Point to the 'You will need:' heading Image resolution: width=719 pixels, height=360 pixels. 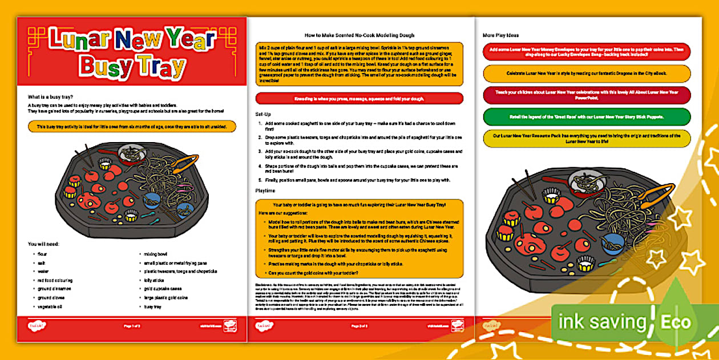pyautogui.click(x=44, y=244)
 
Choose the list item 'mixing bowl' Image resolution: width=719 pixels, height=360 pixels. pyautogui.click(x=156, y=254)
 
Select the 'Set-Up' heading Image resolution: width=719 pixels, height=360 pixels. pyautogui.click(x=263, y=115)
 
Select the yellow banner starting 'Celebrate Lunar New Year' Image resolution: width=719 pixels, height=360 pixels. pyautogui.click(x=587, y=74)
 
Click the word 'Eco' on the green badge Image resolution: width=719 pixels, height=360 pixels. pyautogui.click(x=676, y=322)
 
